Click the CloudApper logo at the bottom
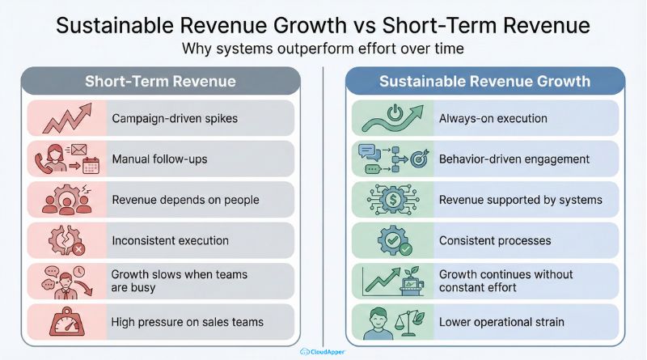[323, 351]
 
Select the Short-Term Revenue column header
[160, 82]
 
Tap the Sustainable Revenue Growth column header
[485, 82]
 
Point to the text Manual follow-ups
[159, 159]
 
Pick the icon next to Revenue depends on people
[67, 199]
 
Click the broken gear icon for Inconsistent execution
[67, 240]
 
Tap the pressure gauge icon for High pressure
[67, 322]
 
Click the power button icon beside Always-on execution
[391, 118]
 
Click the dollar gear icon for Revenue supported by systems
[391, 200]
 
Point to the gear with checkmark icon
[391, 240]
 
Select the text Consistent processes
[495, 240]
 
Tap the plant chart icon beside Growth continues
[391, 281]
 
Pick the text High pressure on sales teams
[188, 322]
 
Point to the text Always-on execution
[493, 118]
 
